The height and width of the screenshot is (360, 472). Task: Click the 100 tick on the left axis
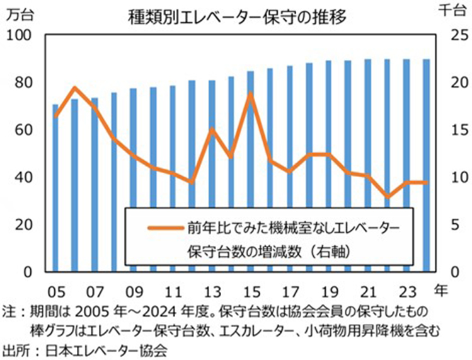tap(24, 36)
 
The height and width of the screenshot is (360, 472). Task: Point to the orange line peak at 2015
tap(251, 94)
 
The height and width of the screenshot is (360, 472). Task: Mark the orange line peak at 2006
tap(75, 88)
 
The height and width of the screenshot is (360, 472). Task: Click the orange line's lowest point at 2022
tap(388, 196)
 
